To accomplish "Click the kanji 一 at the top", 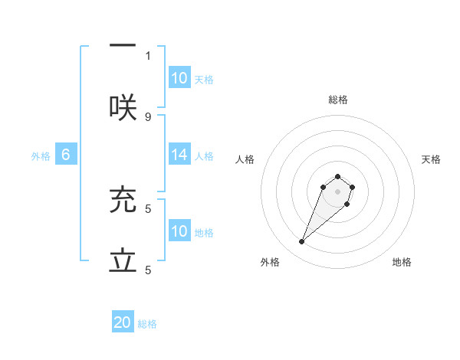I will (x=123, y=45).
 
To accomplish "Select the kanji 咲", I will (x=123, y=108).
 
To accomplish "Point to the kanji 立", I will (x=123, y=261).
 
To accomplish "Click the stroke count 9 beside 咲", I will (x=148, y=116).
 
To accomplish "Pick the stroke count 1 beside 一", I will (x=148, y=55).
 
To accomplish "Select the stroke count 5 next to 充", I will (x=148, y=208).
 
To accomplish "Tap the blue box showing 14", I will (x=179, y=155).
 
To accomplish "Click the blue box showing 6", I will (x=66, y=155).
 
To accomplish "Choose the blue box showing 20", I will (x=123, y=322).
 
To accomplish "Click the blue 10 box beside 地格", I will (x=179, y=231).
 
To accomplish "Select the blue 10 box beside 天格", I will (x=179, y=78).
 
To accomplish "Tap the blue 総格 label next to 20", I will (x=147, y=324).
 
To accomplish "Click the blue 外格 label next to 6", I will (x=41, y=156).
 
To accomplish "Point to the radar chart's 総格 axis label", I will (x=338, y=100).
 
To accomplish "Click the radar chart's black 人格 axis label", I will (x=245, y=159).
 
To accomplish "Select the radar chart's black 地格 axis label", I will (x=402, y=262).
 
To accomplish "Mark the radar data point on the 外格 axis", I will (x=301, y=242).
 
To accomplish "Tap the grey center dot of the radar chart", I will (x=338, y=191).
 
